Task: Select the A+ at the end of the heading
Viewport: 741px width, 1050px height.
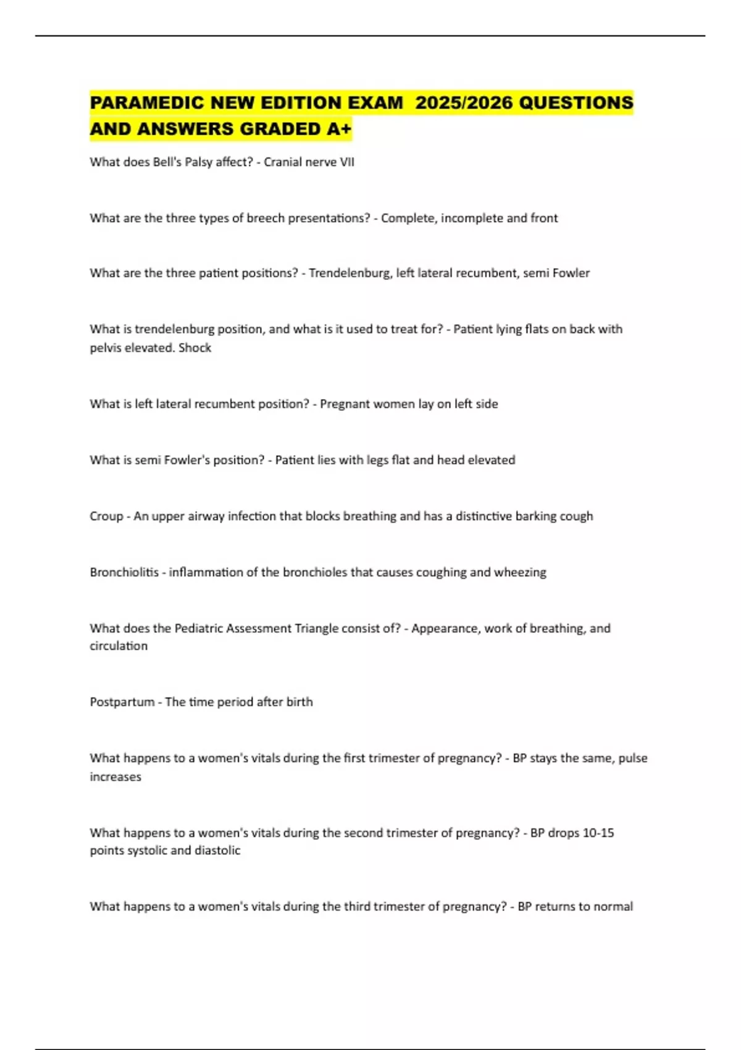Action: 339,129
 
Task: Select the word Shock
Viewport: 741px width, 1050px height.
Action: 195,348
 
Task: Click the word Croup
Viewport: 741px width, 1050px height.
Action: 106,516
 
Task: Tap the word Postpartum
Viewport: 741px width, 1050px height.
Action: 122,702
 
